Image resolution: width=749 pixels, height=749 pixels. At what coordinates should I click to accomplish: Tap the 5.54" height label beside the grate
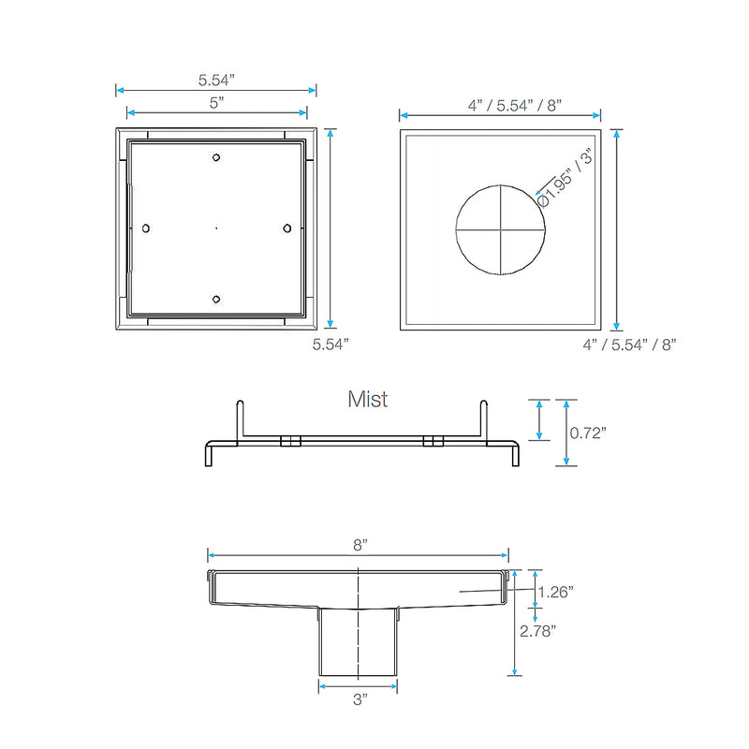(330, 345)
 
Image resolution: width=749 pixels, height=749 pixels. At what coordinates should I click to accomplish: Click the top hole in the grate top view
(216, 157)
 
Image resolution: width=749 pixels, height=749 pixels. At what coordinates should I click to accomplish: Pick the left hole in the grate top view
(146, 228)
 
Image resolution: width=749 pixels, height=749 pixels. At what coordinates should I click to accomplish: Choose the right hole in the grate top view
(286, 228)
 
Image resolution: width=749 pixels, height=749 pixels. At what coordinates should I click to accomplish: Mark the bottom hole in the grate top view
(216, 299)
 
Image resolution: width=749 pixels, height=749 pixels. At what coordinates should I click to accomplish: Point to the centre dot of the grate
(216, 228)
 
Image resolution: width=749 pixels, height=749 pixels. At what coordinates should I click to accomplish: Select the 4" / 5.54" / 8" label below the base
(629, 345)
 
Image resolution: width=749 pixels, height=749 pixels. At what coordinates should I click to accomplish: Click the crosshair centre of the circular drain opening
(500, 228)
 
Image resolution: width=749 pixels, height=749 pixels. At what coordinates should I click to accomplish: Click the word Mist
(368, 400)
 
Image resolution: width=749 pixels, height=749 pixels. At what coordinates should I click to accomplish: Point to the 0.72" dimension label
(589, 432)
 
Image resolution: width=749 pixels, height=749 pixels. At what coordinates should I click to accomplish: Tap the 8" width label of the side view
(360, 544)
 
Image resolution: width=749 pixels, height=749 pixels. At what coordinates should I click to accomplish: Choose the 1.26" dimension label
(556, 591)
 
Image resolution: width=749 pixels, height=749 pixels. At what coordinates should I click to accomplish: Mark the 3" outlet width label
(360, 698)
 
